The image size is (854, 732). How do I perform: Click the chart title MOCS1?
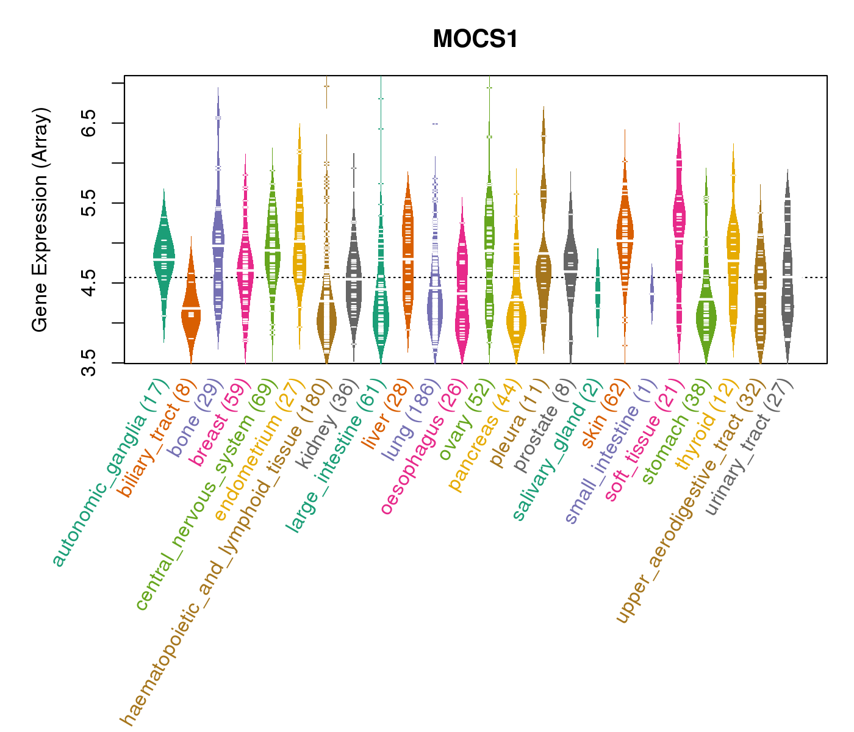[x=475, y=40]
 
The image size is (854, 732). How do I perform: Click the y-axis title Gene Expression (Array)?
[x=40, y=220]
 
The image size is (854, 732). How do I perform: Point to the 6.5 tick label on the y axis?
[x=90, y=123]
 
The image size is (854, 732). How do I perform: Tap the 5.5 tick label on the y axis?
[x=90, y=203]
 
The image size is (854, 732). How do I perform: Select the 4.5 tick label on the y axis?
[x=90, y=283]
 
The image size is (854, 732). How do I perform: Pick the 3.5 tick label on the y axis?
[x=90, y=362]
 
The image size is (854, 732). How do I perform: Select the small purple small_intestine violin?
[x=651, y=293]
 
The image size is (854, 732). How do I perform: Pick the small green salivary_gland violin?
[x=598, y=287]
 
